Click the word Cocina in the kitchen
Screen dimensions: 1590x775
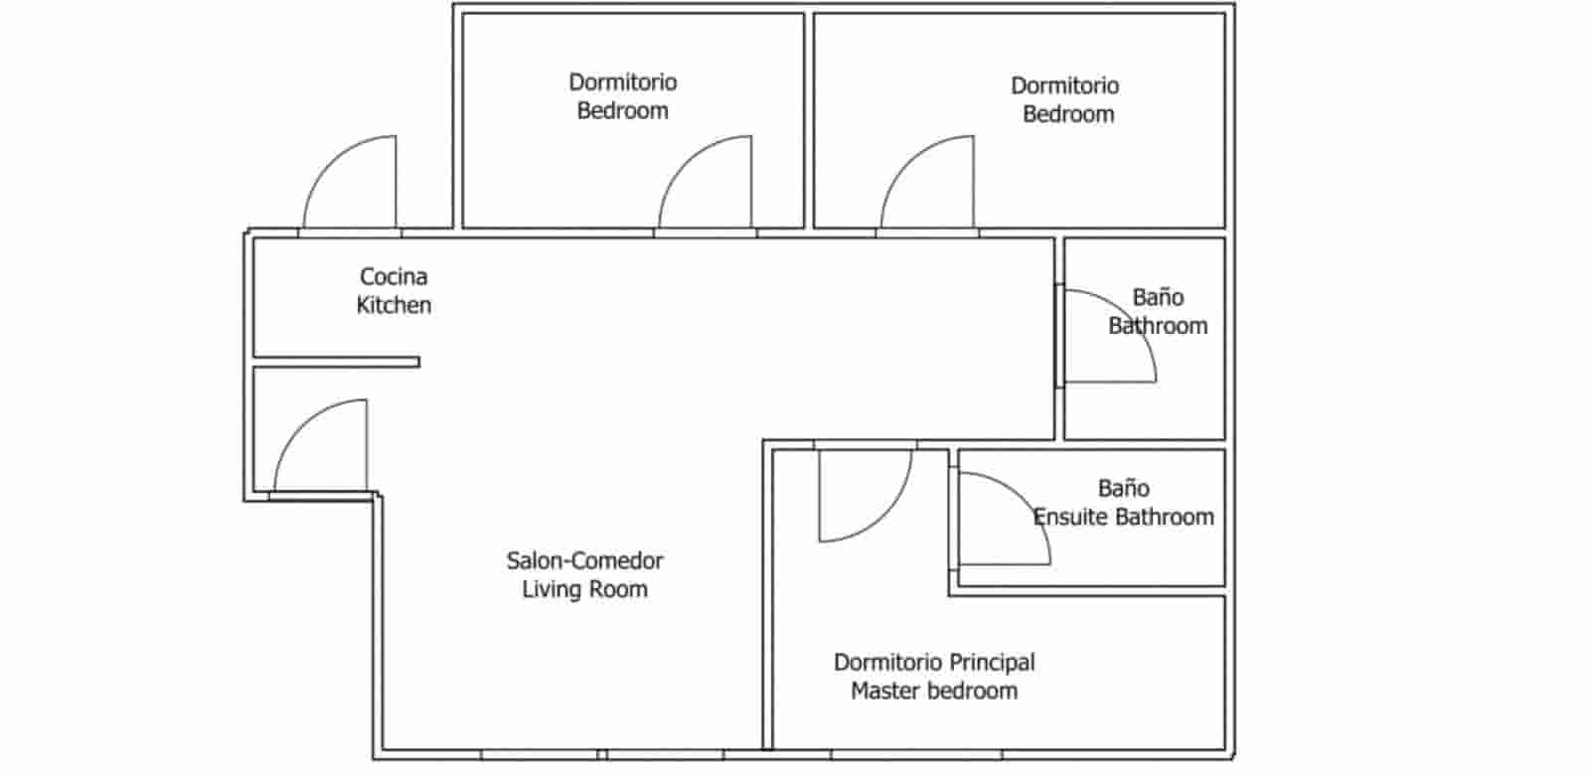point(394,277)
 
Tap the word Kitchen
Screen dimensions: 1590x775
point(394,305)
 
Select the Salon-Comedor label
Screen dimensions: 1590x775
point(585,560)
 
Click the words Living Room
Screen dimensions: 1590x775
point(585,589)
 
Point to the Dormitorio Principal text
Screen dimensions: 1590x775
point(934,662)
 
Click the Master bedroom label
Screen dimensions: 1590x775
point(934,691)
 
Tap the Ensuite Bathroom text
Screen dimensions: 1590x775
point(1124,517)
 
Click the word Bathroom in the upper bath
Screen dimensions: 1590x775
point(1158,326)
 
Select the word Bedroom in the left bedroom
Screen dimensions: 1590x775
point(622,110)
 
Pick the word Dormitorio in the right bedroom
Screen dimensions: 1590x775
point(1064,85)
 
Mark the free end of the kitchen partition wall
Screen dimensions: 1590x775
point(418,362)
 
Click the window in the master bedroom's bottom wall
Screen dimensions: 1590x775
point(916,754)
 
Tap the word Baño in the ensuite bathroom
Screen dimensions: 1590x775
point(1124,488)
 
